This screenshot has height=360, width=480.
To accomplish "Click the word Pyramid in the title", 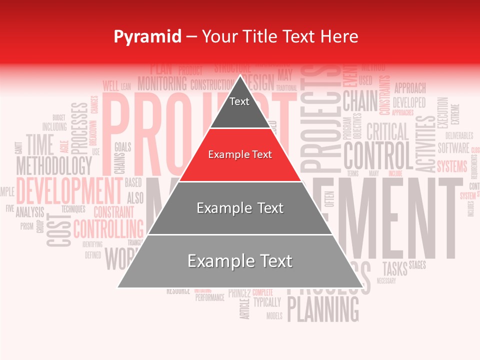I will pyautogui.click(x=147, y=36).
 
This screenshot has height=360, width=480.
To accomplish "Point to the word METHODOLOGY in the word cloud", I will pyautogui.click(x=54, y=165).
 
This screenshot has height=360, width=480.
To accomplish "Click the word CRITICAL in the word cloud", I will pyautogui.click(x=387, y=132).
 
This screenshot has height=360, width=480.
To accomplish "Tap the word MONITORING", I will pyautogui.click(x=162, y=83).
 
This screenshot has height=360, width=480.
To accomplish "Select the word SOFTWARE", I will pyautogui.click(x=453, y=148).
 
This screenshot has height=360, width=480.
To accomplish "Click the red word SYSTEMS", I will pyautogui.click(x=452, y=166).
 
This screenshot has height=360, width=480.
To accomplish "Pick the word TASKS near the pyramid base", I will pyautogui.click(x=395, y=268).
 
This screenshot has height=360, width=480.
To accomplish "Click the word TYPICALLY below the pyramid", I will pyautogui.click(x=267, y=302).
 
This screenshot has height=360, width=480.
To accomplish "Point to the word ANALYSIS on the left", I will pyautogui.click(x=30, y=212).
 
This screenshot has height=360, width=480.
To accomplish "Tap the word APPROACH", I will pyautogui.click(x=410, y=88).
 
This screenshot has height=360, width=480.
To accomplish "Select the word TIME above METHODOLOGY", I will pyautogui.click(x=40, y=145).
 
